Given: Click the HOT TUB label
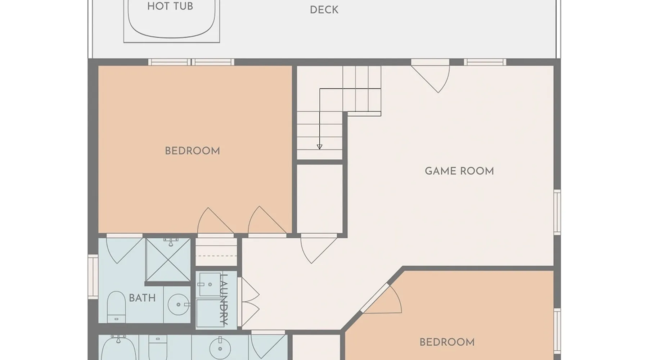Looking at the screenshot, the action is point(170,6).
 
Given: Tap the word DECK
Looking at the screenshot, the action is point(324,10).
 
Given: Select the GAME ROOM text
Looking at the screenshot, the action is point(459,171).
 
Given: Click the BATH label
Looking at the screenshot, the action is point(142,298).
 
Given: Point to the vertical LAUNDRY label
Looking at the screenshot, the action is point(224,300).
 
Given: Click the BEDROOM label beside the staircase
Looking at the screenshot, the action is point(192,151).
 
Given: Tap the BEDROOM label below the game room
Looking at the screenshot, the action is point(447,342).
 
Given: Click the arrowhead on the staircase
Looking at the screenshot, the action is point(319,147).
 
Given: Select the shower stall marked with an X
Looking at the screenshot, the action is point(168,259).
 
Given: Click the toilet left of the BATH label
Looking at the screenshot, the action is point(116,307).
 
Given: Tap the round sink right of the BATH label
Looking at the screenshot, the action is point(179,305).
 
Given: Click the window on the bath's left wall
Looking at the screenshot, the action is point(93,276).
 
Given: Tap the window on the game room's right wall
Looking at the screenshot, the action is point(557,212).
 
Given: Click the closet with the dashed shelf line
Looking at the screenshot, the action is point(216,252).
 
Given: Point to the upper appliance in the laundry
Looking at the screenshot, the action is point(210,284).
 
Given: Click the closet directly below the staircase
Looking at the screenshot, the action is point(319,199).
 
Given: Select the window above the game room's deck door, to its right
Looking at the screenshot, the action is point(485,62).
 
